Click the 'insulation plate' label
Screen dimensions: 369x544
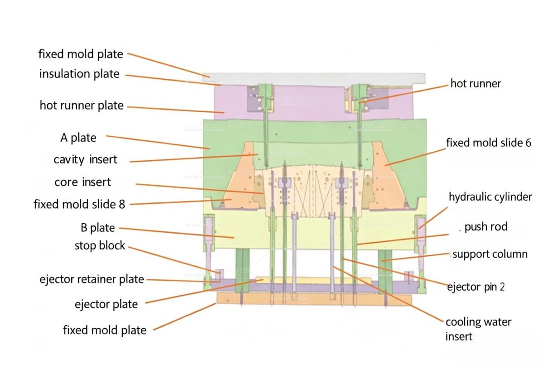tap(79, 74)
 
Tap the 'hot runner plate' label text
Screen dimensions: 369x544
tap(82, 106)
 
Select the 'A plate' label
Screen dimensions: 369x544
tap(78, 138)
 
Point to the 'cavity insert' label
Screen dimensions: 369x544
tap(85, 159)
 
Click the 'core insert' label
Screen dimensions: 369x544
tap(83, 182)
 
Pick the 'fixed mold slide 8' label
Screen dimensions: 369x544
tap(79, 204)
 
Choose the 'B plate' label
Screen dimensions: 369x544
tap(95, 228)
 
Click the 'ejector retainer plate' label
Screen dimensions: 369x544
tap(91, 279)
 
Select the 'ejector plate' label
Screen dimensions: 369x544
tap(106, 304)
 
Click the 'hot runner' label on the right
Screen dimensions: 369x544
tap(476, 83)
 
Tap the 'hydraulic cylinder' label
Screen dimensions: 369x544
tap(490, 197)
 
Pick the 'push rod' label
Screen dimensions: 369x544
tap(486, 227)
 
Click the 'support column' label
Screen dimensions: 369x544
tap(490, 254)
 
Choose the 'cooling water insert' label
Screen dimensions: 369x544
tap(478, 329)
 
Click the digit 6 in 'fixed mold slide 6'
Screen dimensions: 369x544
tap(528, 143)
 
